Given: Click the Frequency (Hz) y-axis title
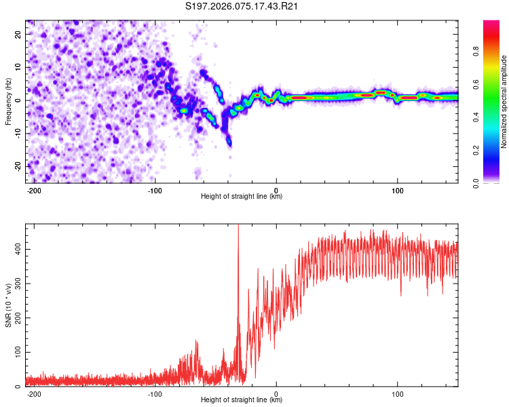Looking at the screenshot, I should tap(9, 102).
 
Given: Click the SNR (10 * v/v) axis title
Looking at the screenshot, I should tap(9, 305).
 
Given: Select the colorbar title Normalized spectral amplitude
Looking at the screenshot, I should tap(504, 102).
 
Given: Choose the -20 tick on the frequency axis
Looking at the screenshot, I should tap(18, 166).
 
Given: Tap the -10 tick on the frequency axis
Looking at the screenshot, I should tap(18, 133).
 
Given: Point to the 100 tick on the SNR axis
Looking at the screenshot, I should tap(16, 353).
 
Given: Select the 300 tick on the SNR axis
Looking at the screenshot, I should tap(16, 284).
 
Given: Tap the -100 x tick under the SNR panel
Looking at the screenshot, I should tap(154, 393).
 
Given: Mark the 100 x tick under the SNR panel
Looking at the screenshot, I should tap(397, 393).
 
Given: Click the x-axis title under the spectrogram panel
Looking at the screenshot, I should tap(242, 197).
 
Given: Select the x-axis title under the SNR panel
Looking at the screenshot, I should tap(242, 400).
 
